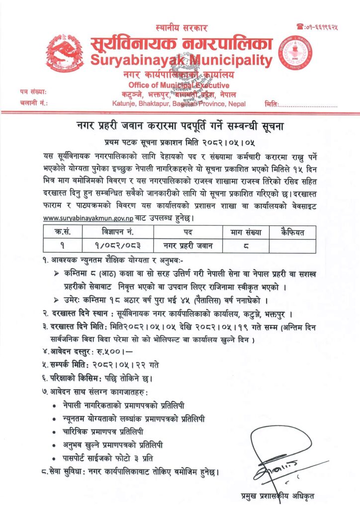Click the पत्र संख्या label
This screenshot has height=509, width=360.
coord(33,92)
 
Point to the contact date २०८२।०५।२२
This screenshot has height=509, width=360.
coord(125,364)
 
